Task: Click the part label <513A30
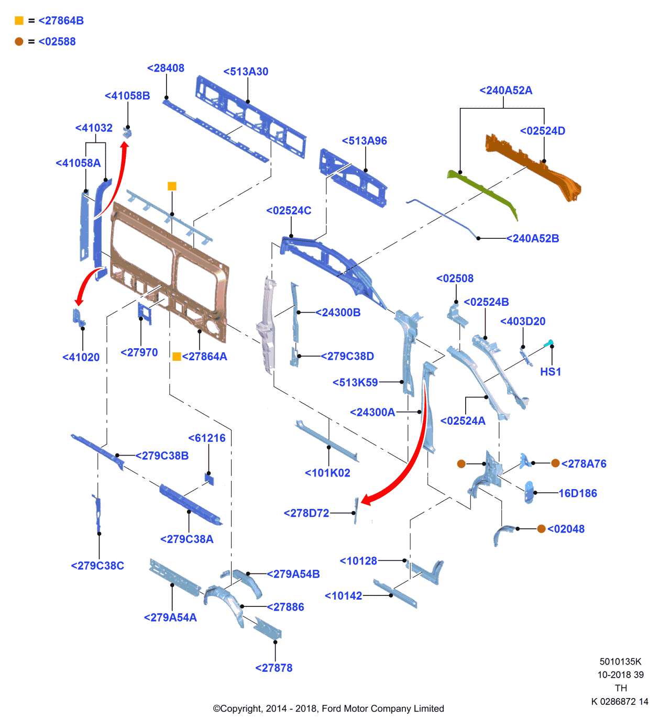(x=246, y=72)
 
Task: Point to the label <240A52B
(x=533, y=239)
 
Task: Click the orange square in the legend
(x=19, y=21)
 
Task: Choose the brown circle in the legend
(x=19, y=42)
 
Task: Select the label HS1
(x=551, y=372)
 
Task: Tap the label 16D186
(x=578, y=493)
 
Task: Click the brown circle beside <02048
(x=542, y=529)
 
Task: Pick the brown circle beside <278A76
(x=556, y=463)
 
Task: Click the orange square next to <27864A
(x=177, y=357)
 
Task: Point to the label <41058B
(x=127, y=96)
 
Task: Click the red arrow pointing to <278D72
(x=414, y=461)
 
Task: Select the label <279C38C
(x=97, y=566)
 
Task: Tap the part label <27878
(x=274, y=668)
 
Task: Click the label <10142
(x=344, y=596)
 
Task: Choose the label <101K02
(x=327, y=473)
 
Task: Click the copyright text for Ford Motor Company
(x=328, y=709)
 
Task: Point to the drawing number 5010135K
(x=621, y=662)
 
